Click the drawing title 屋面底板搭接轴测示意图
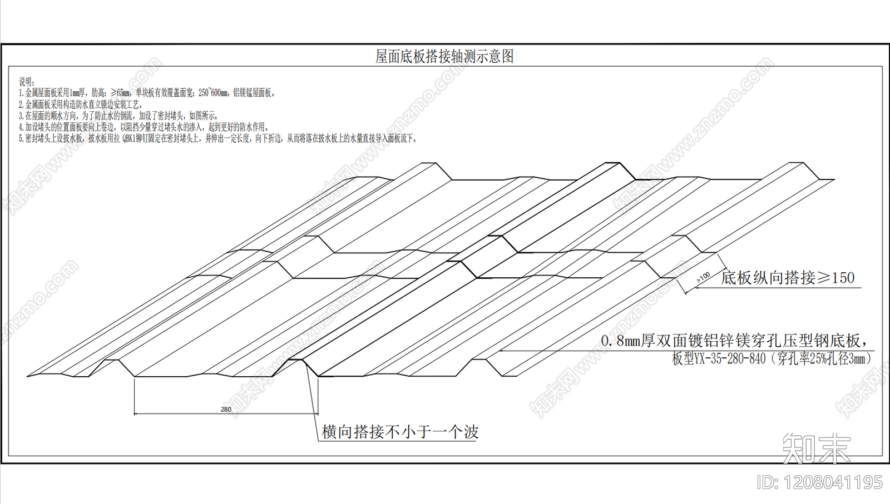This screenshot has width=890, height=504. click(x=444, y=56)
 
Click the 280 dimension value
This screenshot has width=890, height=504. click(x=226, y=410)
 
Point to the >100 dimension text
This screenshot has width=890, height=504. click(x=703, y=277)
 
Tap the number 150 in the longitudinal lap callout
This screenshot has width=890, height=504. click(x=843, y=277)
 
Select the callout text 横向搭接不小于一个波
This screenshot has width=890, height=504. click(x=400, y=432)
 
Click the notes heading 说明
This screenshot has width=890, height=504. click(x=27, y=82)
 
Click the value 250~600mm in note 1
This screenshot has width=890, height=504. click(x=213, y=93)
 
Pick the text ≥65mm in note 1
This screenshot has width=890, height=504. click(x=120, y=93)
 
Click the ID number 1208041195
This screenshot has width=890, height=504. click(x=833, y=482)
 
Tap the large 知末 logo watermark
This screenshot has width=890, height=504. click(x=816, y=448)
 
